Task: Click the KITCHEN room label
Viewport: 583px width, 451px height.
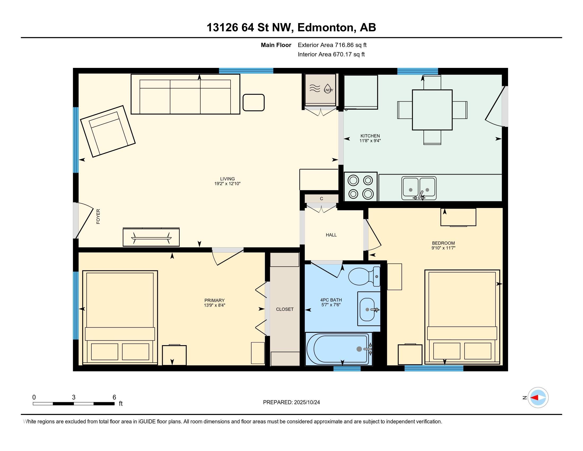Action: [370, 136]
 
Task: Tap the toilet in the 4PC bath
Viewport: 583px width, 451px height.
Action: [364, 276]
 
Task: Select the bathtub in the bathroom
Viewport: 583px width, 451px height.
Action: [338, 349]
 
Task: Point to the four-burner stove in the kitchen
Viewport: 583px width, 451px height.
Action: [360, 187]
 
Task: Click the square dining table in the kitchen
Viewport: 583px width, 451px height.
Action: [432, 110]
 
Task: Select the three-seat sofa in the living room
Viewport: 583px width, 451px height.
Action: [185, 94]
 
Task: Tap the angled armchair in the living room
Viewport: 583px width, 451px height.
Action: [108, 131]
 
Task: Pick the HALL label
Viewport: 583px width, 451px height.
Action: [331, 235]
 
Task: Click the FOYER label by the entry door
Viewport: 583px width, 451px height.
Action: [98, 216]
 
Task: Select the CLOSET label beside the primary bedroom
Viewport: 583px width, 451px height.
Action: [285, 309]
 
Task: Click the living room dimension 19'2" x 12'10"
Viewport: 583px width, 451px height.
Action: [227, 184]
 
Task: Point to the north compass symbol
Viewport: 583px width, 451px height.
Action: [538, 397]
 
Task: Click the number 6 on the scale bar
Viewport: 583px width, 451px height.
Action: [114, 397]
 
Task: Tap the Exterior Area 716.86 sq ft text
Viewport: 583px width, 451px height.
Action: [332, 45]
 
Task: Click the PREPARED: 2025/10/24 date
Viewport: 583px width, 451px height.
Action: [291, 402]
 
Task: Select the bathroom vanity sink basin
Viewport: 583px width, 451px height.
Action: [367, 309]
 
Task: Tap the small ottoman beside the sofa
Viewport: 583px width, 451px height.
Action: [253, 102]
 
